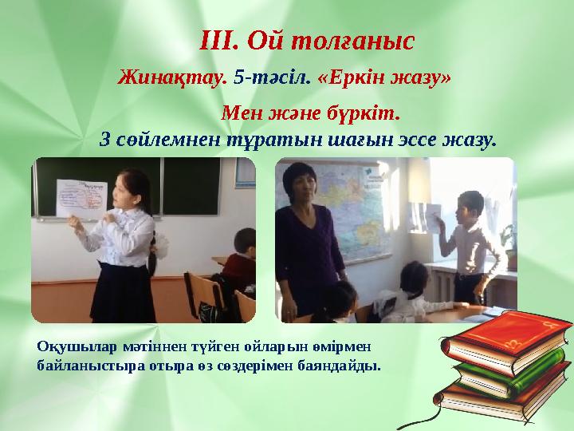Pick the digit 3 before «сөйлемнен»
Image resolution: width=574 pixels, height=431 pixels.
[x=105, y=139]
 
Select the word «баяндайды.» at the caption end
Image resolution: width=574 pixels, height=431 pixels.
[x=338, y=366]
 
